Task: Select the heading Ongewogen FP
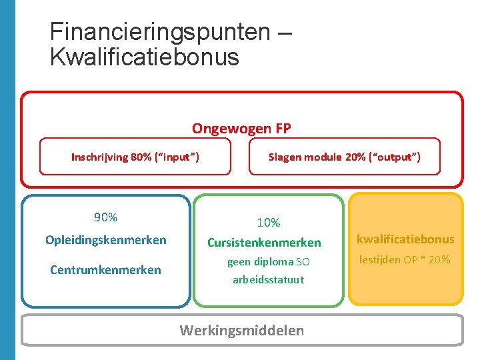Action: [x=241, y=128]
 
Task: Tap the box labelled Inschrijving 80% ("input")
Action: [x=135, y=157]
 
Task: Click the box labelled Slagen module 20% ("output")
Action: [x=344, y=157]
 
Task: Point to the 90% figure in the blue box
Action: [x=105, y=217]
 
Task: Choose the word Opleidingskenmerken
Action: [x=105, y=240]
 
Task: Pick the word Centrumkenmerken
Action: [x=105, y=270]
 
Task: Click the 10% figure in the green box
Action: [x=268, y=223]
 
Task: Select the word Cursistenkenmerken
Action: [x=264, y=243]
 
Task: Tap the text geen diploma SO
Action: [x=268, y=262]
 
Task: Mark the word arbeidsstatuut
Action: [x=268, y=280]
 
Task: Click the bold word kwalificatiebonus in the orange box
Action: [x=405, y=239]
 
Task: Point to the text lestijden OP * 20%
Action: [x=405, y=260]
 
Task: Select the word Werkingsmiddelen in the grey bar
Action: [x=241, y=330]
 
